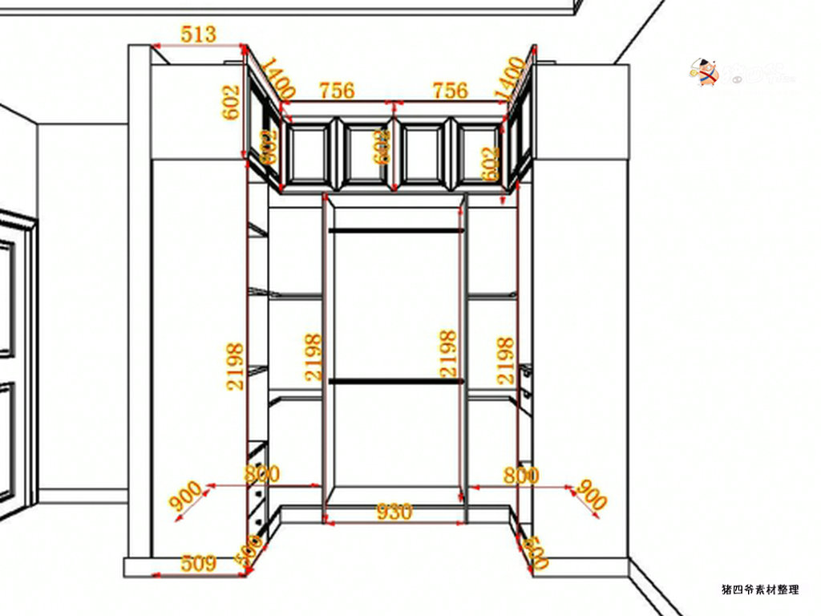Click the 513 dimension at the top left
click(198, 34)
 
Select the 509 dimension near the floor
click(198, 563)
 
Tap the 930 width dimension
click(394, 511)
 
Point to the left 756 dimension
click(337, 91)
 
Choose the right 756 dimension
click(450, 91)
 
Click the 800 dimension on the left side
click(262, 474)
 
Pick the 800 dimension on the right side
click(521, 476)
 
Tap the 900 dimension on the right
click(592, 496)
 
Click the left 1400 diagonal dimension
click(278, 78)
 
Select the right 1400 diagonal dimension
click(511, 78)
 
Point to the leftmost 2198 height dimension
click(235, 367)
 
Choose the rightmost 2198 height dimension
click(505, 360)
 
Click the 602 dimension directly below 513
click(231, 102)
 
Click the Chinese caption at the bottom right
click(760, 590)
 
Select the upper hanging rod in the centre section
click(396, 231)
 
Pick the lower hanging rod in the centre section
click(396, 381)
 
